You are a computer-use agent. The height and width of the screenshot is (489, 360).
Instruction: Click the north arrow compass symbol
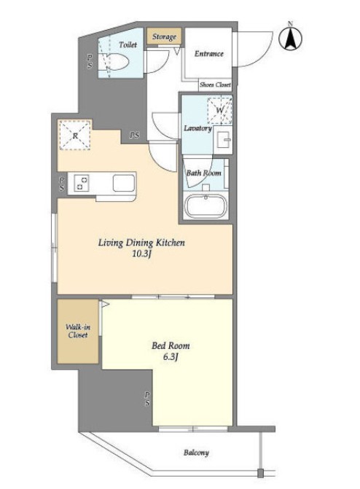tap(291, 39)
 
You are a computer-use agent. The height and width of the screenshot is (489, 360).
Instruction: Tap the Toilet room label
tap(128, 45)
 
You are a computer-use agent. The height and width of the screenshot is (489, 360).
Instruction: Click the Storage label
tap(164, 36)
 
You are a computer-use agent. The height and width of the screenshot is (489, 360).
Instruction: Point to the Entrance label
tap(208, 54)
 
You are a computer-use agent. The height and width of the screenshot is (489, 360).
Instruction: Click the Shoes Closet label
tap(215, 85)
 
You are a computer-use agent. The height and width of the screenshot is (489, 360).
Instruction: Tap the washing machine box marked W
tap(220, 110)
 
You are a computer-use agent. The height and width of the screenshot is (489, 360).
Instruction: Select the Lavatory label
tap(197, 128)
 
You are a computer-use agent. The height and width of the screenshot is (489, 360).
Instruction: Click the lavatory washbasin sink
tap(223, 140)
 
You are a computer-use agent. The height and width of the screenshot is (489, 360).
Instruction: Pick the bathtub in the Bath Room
tap(206, 206)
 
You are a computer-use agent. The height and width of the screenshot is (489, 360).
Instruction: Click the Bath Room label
tap(204, 173)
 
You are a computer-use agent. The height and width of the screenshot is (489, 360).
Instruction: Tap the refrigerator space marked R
tap(75, 136)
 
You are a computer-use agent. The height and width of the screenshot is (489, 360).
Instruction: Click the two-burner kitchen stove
tap(81, 183)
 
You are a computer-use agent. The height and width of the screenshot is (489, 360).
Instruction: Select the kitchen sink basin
tap(124, 183)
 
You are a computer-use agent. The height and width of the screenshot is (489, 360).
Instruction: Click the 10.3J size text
tap(141, 254)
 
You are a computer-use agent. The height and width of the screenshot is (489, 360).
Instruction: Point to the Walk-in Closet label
tap(78, 331)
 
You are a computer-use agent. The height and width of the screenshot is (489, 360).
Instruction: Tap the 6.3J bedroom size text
tap(171, 357)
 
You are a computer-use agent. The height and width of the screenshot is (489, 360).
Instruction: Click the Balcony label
tap(196, 453)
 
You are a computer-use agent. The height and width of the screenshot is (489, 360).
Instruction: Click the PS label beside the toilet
tap(90, 61)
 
